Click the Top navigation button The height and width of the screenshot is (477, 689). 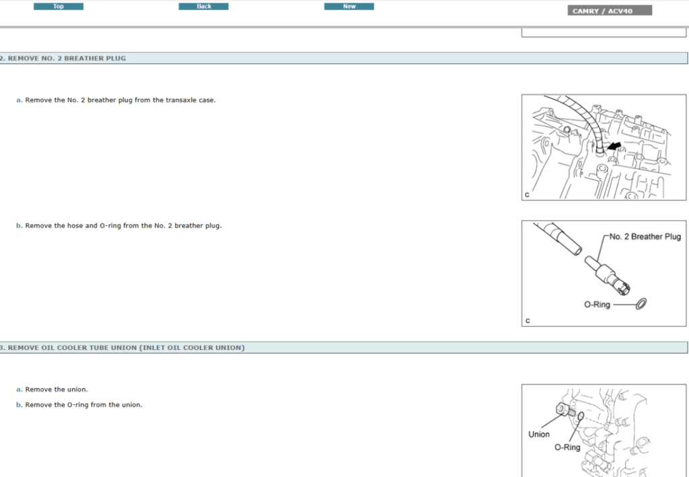click(59, 7)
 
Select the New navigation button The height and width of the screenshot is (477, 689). click(349, 7)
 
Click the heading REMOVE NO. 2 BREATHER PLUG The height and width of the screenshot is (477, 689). click(66, 59)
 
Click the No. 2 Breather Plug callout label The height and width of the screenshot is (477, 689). click(645, 237)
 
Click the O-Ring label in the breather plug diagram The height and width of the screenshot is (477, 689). click(597, 305)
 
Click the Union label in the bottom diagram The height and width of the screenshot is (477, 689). click(538, 434)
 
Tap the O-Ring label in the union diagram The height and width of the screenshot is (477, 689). click(567, 447)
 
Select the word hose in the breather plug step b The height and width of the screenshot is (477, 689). click(75, 226)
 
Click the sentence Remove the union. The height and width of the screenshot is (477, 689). click(57, 390)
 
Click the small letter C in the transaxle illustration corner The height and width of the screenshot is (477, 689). click(527, 195)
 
